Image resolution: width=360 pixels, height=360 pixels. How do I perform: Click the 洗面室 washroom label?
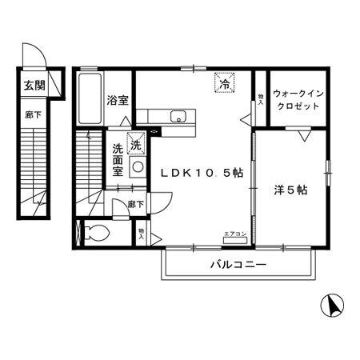pyautogui.click(x=118, y=159)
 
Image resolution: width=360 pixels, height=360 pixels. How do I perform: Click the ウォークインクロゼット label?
pyautogui.click(x=298, y=100)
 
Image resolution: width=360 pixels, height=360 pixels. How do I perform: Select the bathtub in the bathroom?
pyautogui.click(x=90, y=99)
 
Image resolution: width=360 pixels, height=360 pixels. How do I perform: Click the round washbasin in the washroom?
pyautogui.click(x=138, y=166)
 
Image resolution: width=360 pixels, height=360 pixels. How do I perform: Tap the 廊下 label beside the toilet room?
pyautogui.click(x=137, y=205)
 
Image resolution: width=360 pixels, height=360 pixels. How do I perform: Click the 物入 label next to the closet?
pyautogui.click(x=261, y=98)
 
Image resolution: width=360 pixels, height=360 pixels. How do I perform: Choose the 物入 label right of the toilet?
pyautogui.click(x=141, y=234)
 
